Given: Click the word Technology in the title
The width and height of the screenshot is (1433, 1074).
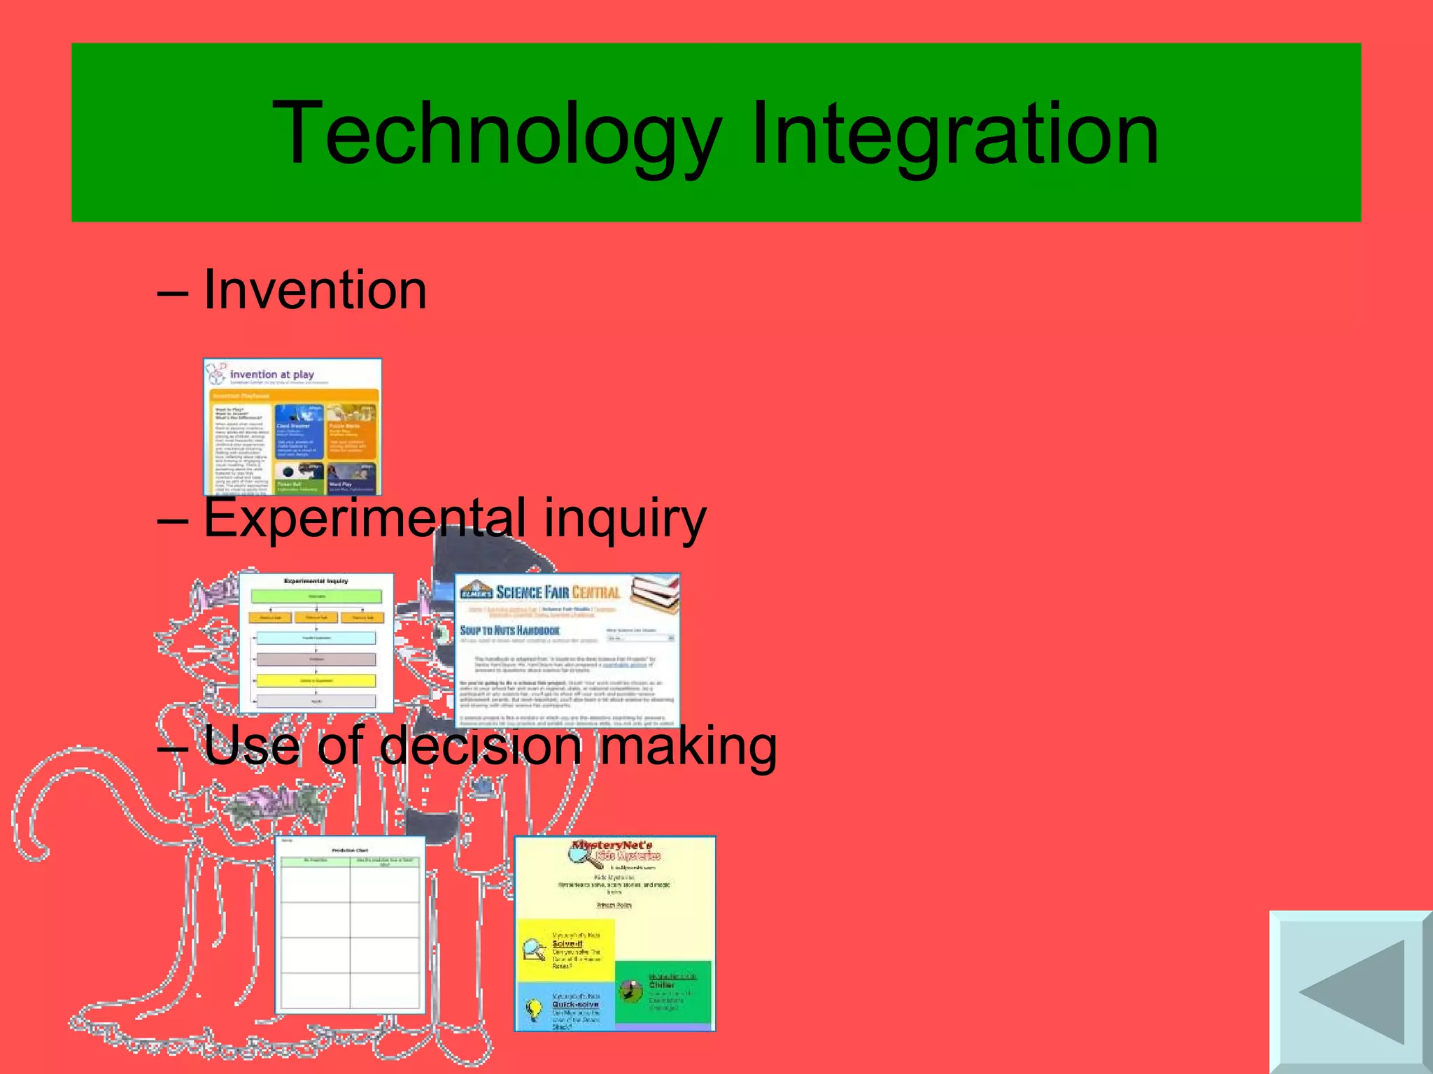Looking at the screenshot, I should (x=497, y=134).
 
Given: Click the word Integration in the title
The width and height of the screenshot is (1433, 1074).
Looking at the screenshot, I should (x=954, y=134).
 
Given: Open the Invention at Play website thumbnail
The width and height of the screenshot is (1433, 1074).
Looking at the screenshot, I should (x=292, y=427).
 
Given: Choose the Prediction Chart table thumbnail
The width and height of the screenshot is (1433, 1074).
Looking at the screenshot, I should (x=350, y=924).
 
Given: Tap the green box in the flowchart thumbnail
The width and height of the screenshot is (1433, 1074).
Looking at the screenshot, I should (x=316, y=596).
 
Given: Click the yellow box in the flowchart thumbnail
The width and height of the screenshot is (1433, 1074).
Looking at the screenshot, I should (x=316, y=680).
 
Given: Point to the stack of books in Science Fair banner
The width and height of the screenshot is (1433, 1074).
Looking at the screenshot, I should (x=655, y=592).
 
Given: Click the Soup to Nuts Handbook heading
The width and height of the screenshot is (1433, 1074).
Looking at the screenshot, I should (x=509, y=630).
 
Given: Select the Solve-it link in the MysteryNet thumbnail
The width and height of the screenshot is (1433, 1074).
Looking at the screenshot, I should (x=567, y=944).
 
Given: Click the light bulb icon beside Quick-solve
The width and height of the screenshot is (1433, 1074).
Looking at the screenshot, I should (x=534, y=1008).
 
